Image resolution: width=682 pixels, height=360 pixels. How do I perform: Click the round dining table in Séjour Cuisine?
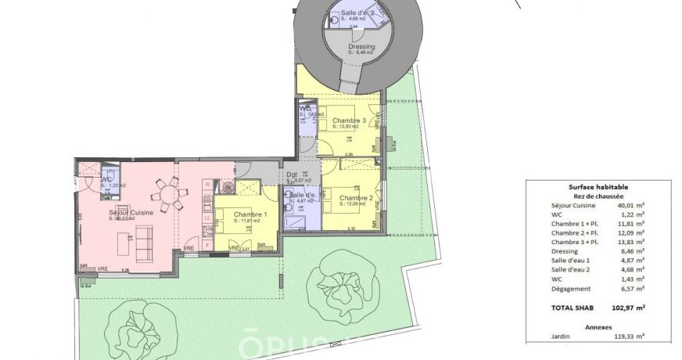point(167,193)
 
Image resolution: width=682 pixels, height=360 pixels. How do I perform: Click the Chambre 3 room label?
point(349,120)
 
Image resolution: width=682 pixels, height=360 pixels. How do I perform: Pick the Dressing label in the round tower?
point(361,47)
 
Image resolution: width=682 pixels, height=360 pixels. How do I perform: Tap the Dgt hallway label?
point(292,175)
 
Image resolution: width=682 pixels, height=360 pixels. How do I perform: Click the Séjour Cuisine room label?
point(131,212)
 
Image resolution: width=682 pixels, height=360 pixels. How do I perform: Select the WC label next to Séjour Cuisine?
point(106,179)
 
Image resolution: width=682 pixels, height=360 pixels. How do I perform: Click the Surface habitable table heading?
point(598,187)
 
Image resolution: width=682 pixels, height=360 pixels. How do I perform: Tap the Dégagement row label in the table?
point(571,289)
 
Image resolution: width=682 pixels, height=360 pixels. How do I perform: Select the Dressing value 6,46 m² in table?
point(630,251)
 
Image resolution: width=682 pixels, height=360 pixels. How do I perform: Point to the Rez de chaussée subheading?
point(598,196)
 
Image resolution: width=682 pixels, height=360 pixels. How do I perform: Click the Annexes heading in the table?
point(598,326)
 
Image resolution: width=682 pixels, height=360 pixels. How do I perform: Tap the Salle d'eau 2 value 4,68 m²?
point(630,270)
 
